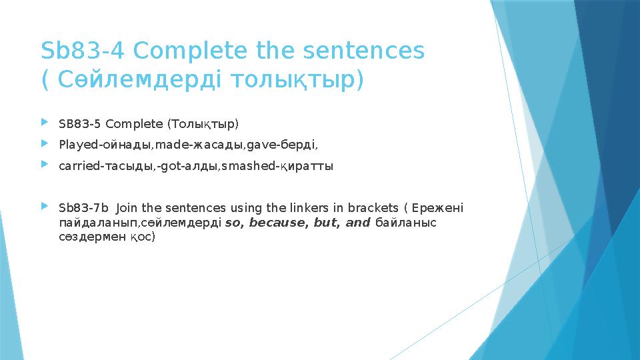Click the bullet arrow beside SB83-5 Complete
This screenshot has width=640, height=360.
(x=45, y=123)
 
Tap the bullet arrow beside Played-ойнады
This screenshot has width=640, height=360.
(x=45, y=144)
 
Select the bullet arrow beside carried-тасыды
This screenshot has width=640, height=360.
(x=45, y=165)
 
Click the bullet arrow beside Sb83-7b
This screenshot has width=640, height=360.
(x=45, y=207)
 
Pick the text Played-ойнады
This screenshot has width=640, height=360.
(x=105, y=145)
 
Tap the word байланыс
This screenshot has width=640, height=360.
(x=406, y=222)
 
